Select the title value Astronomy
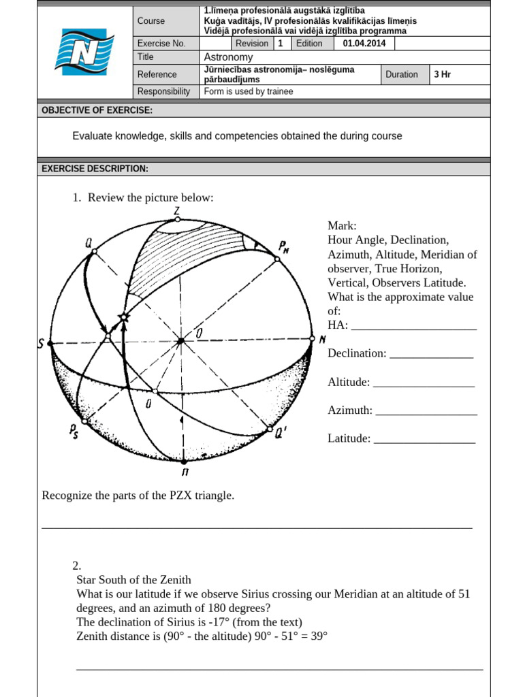pyautogui.click(x=228, y=57)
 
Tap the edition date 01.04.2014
pyautogui.click(x=364, y=44)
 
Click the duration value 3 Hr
pyautogui.click(x=443, y=74)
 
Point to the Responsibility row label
pyautogui.click(x=163, y=91)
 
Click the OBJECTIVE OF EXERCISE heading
pyautogui.click(x=97, y=110)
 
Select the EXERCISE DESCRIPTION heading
pyautogui.click(x=95, y=169)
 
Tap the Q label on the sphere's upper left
pyautogui.click(x=89, y=242)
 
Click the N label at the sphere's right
pyautogui.click(x=322, y=340)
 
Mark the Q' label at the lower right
pyautogui.click(x=281, y=432)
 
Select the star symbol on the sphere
pyautogui.click(x=123, y=317)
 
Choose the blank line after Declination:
pyautogui.click(x=431, y=355)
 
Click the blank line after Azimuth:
pyautogui.click(x=426, y=411)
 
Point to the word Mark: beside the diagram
pyautogui.click(x=342, y=226)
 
